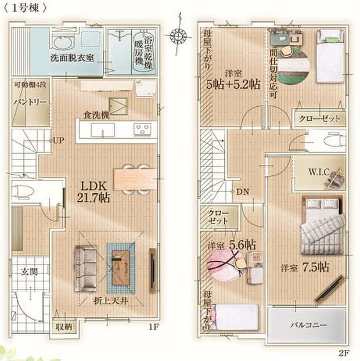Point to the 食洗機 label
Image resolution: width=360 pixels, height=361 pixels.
tap(95, 114)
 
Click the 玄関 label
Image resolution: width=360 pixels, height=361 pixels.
tap(29, 272)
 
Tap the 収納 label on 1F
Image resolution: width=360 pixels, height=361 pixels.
tap(64, 326)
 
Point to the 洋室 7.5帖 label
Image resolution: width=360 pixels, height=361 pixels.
tap(305, 268)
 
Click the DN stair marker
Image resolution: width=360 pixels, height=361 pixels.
tap(242, 191)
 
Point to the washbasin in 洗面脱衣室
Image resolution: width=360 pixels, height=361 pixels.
tap(60, 41)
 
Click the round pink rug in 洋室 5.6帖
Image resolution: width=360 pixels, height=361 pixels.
tap(223, 265)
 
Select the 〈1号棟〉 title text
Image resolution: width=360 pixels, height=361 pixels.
tap(26, 8)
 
